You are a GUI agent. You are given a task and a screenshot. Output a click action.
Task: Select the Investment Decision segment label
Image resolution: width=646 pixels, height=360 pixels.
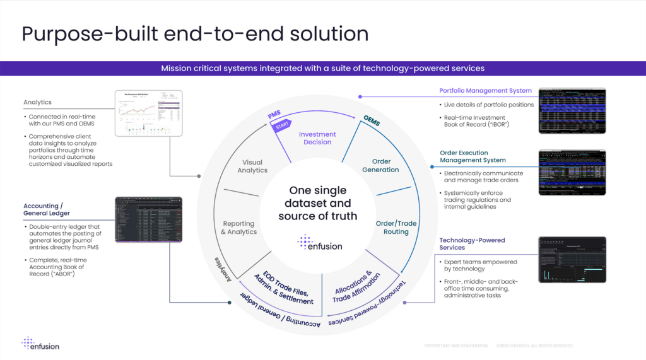[x=317, y=138]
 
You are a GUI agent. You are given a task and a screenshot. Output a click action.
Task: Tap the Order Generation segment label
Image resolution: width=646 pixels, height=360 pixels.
[x=380, y=166]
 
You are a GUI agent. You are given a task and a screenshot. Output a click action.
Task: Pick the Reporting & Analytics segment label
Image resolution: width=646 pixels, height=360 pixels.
[x=238, y=228]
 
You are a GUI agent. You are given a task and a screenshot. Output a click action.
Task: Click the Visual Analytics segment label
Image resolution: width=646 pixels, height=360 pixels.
[x=252, y=166]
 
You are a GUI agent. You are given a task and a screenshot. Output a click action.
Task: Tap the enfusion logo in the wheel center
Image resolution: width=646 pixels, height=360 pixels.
[x=320, y=243]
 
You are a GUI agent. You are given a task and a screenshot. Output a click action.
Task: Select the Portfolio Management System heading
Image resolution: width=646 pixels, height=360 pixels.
[x=485, y=91]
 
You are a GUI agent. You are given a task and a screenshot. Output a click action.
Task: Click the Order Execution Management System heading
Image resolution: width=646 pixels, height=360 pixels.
[x=473, y=156]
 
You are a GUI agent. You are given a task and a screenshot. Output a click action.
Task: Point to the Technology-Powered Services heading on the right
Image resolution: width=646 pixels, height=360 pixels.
[x=472, y=244]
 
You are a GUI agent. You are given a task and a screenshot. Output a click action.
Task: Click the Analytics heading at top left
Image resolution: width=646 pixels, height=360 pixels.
[x=37, y=102]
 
